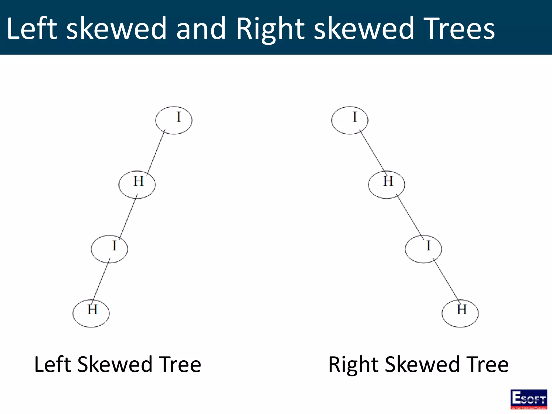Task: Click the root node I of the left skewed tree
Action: coord(174,120)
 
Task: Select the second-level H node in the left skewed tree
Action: coord(137,185)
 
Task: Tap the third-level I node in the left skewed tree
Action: coord(109,249)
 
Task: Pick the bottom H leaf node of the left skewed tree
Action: coord(91,313)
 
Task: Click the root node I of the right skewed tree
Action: coord(350,120)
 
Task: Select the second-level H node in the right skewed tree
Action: coord(387,185)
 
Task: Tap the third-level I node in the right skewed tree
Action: coord(423,249)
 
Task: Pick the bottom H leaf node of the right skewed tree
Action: coord(460,313)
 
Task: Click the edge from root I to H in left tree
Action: coord(156,153)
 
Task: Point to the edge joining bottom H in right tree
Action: coord(446,280)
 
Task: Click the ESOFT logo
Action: coord(529,399)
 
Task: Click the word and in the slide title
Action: coord(201,28)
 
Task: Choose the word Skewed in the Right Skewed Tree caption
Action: coord(422,364)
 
